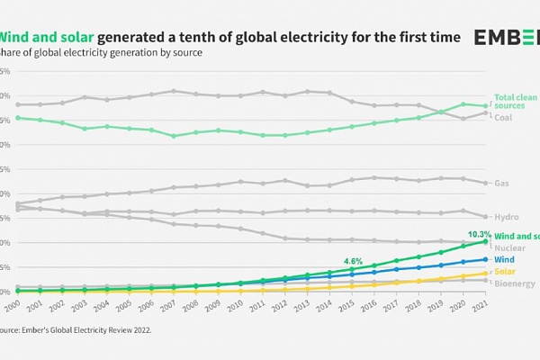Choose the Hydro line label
click(505, 217)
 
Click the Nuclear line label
click(509, 247)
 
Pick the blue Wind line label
click(504, 259)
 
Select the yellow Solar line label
click(505, 272)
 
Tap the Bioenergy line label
click(514, 283)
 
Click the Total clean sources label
click(515, 101)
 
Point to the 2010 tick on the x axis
click(234, 306)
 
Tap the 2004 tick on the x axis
click(102, 306)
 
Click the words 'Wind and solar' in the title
click(45, 37)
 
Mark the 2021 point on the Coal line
click(485, 112)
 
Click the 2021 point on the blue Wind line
click(485, 259)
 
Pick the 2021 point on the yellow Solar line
click(485, 273)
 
